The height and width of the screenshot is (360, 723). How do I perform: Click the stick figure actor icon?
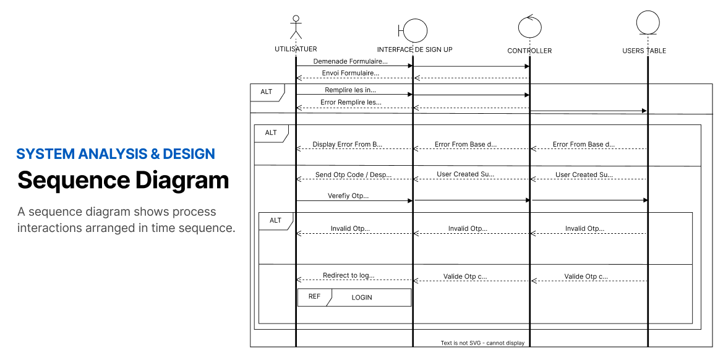pyautogui.click(x=296, y=28)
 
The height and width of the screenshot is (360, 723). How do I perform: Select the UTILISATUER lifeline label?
pyautogui.click(x=296, y=49)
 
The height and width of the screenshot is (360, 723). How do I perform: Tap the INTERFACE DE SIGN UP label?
pyautogui.click(x=414, y=49)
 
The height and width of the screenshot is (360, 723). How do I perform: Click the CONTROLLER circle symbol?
pyautogui.click(x=529, y=26)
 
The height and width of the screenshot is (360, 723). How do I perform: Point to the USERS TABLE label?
pyautogui.click(x=644, y=51)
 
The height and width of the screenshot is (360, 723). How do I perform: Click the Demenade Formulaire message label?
pyautogui.click(x=351, y=61)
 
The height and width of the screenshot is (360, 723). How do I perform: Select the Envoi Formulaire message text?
pyautogui.click(x=351, y=73)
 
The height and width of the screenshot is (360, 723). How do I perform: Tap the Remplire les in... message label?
pyautogui.click(x=351, y=90)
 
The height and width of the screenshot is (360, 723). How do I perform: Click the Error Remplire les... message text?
pyautogui.click(x=351, y=102)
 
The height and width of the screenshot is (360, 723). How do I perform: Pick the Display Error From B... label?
pyautogui.click(x=348, y=144)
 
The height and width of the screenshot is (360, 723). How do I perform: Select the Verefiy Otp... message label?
pyautogui.click(x=348, y=195)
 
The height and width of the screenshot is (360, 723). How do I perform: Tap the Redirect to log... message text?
pyautogui.click(x=349, y=276)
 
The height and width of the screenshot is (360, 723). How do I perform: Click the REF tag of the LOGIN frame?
pyautogui.click(x=314, y=296)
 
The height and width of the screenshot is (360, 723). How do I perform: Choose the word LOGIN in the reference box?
pyautogui.click(x=362, y=298)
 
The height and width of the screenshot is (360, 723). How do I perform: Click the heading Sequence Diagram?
pyautogui.click(x=123, y=180)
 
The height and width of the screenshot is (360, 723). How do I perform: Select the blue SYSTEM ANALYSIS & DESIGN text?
pyautogui.click(x=116, y=153)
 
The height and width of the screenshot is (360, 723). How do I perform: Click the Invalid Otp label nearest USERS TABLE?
pyautogui.click(x=584, y=228)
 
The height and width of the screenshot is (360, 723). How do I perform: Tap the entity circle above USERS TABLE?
pyautogui.click(x=648, y=22)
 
